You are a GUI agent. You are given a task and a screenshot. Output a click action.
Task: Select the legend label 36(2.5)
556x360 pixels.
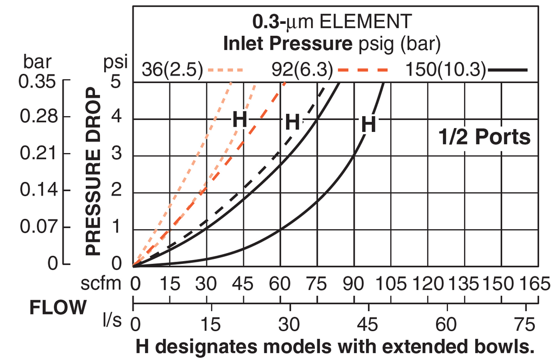pyautogui.click(x=172, y=70)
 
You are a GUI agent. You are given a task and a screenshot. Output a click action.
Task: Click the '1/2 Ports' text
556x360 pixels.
pyautogui.click(x=484, y=137)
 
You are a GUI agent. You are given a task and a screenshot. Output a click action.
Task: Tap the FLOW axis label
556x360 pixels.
pyautogui.click(x=58, y=308)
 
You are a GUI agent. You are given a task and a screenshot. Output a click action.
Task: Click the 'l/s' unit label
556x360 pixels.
pyautogui.click(x=112, y=320)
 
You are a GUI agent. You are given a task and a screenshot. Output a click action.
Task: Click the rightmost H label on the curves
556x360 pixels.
pyautogui.click(x=369, y=125)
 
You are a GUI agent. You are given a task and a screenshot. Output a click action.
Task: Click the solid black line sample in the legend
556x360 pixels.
pyautogui.click(x=508, y=70)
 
